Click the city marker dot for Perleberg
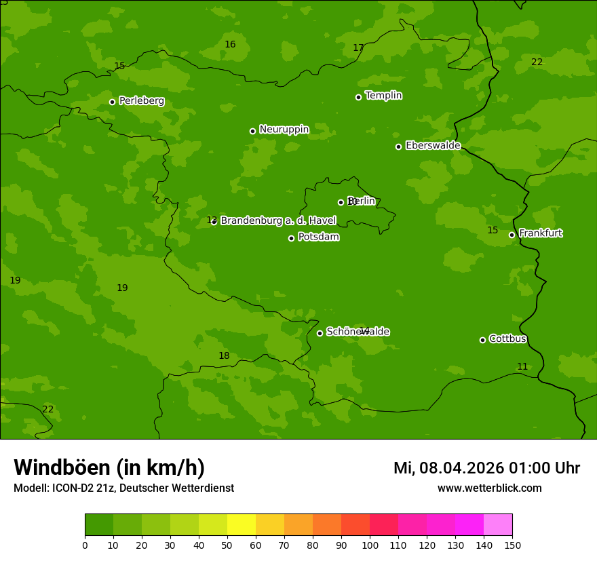tap(112, 102)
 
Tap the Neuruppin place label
tap(284, 130)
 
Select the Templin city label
tap(383, 96)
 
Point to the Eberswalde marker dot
tap(398, 147)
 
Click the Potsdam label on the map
tap(318, 237)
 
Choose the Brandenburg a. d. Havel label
tap(278, 220)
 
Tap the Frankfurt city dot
tap(512, 235)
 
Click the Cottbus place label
tap(507, 339)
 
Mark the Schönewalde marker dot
tap(320, 333)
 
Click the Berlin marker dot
tap(341, 202)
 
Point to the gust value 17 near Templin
tap(358, 47)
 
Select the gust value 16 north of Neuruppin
tap(230, 44)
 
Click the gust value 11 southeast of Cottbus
tap(522, 367)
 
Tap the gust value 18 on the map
tap(224, 356)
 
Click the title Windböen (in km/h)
tap(109, 467)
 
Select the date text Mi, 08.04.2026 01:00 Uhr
tap(486, 468)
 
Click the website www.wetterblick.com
tap(489, 488)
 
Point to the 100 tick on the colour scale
tap(370, 545)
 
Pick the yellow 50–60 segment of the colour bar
tap(242, 525)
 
